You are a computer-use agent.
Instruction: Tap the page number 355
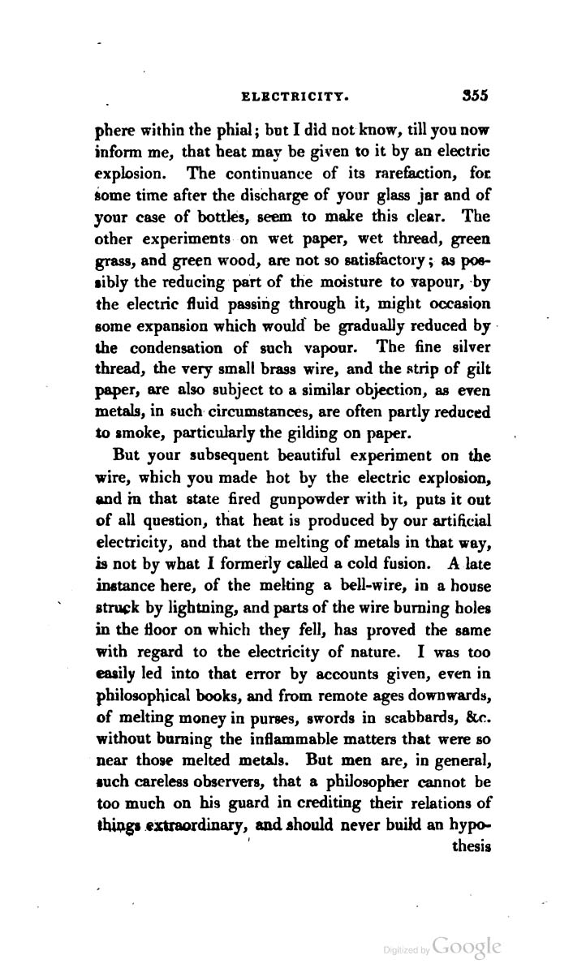pyautogui.click(x=470, y=95)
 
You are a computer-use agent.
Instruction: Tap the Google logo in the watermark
pyautogui.click(x=467, y=947)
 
